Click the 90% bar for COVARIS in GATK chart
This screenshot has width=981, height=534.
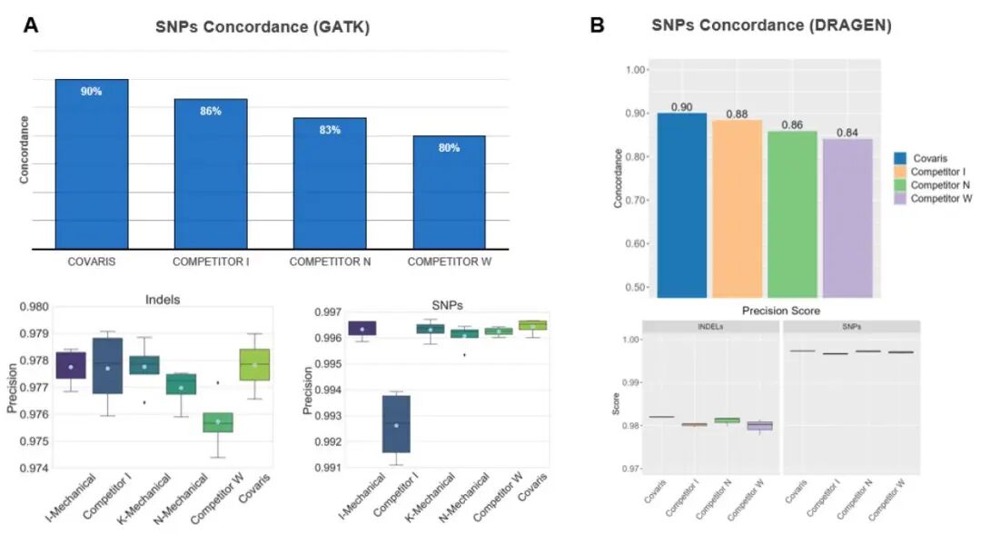tap(92, 163)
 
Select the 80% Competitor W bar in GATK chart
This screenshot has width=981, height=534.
tap(449, 193)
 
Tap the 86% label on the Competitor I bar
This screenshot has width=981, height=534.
tap(211, 111)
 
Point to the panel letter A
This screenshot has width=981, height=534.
tap(31, 26)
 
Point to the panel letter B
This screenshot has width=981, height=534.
tap(598, 26)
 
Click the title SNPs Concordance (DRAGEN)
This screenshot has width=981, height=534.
tap(770, 26)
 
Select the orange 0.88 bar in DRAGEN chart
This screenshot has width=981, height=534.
tap(737, 209)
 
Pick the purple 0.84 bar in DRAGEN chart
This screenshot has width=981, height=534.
tap(847, 218)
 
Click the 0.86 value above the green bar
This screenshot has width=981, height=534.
tap(792, 124)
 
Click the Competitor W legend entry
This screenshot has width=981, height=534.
tap(940, 197)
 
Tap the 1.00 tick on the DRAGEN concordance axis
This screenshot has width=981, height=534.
tap(636, 70)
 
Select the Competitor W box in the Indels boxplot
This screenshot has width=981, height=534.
tap(218, 422)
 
